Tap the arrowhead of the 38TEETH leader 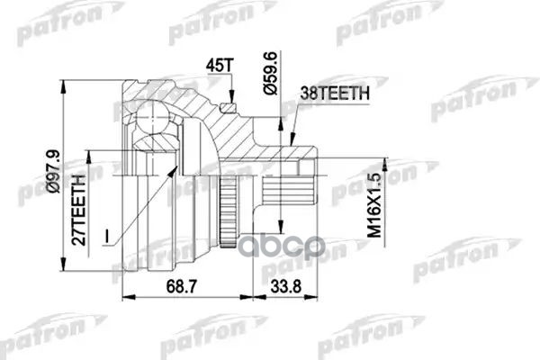295,139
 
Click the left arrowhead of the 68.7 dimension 124,297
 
